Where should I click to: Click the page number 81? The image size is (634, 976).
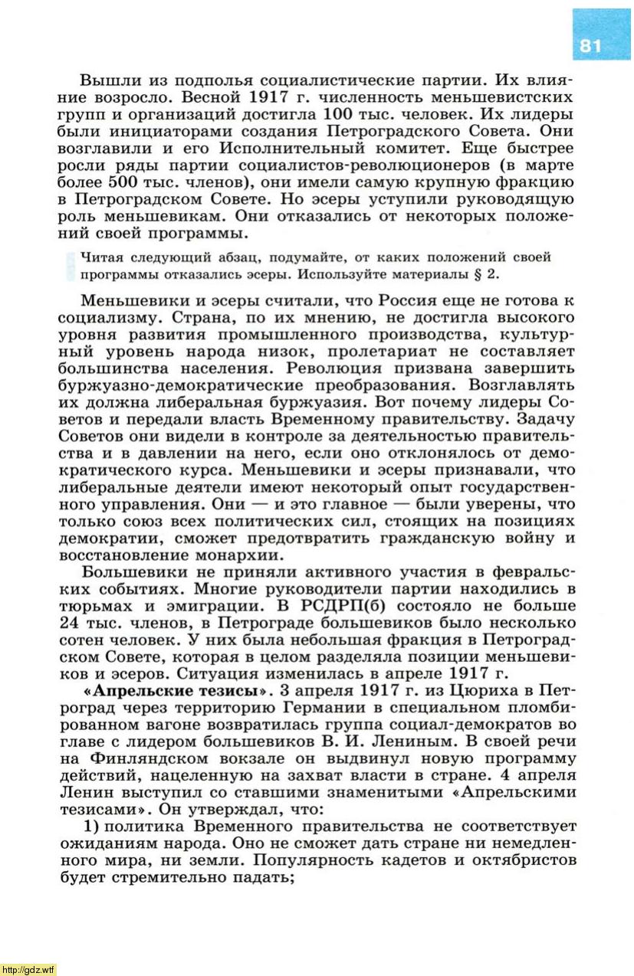coord(591,45)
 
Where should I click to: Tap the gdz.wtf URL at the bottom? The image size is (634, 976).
coord(28,969)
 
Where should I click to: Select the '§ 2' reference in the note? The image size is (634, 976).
coord(498,273)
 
